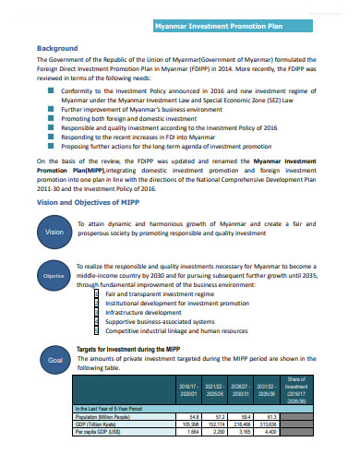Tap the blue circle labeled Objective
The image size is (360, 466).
pos(54,276)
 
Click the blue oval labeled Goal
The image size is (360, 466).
pos(54,360)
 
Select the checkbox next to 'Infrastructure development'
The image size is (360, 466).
pos(98,312)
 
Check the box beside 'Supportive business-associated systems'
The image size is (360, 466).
pos(98,321)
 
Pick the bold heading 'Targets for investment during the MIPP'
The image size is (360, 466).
pos(126,350)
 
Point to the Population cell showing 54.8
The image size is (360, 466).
pos(194,416)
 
